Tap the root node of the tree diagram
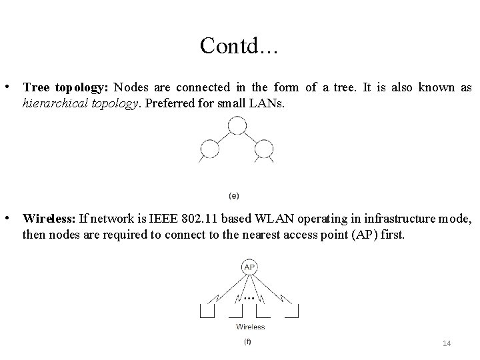[x=237, y=125]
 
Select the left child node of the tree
[x=211, y=148]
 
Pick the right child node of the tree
[x=263, y=148]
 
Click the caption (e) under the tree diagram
[x=234, y=195]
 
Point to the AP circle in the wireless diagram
[x=249, y=267]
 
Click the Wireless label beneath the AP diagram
[x=250, y=327]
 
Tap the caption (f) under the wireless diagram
[x=248, y=342]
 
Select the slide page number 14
[x=447, y=343]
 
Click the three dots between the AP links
[x=249, y=298]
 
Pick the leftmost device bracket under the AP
[x=207, y=310]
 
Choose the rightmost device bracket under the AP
[x=291, y=310]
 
